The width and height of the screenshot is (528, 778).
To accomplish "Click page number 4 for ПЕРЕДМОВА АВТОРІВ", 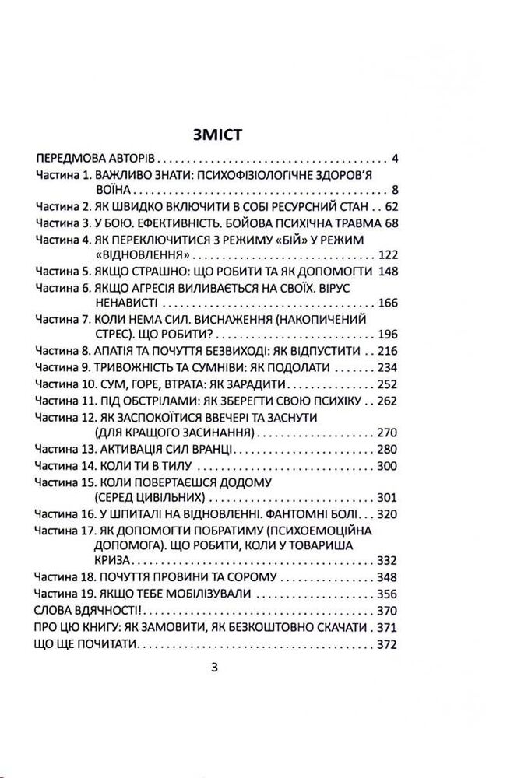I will coord(395,160).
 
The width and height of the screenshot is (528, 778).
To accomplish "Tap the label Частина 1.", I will coord(65,175).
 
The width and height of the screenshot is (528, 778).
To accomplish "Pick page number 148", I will coord(387,271).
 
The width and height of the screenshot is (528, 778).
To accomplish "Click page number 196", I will coord(387,333).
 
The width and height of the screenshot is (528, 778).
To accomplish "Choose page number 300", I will coord(387,466).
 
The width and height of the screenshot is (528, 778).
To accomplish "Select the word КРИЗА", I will coord(112,560).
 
